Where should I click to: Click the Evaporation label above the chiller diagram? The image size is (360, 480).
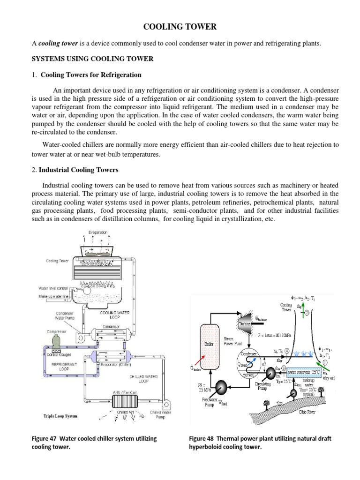coord(98,232)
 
